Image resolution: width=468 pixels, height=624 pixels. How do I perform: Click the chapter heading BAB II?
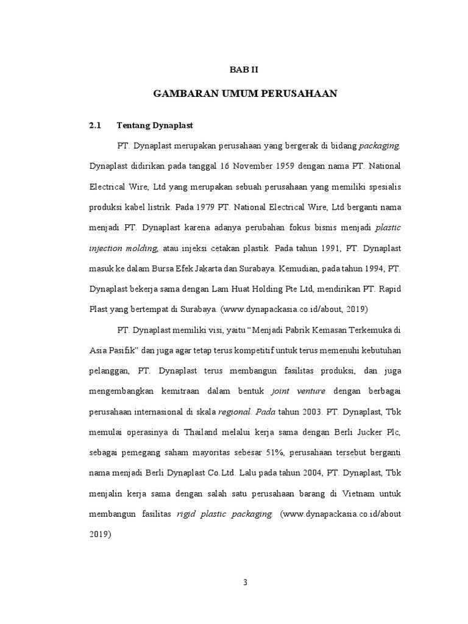click(244, 71)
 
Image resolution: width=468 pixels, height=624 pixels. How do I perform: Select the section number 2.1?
click(94, 126)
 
